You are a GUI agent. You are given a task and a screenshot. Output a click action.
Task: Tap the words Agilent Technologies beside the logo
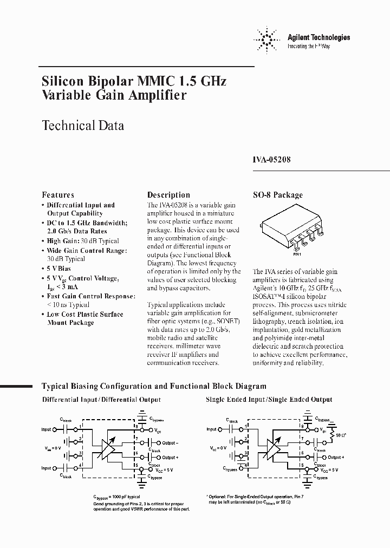pyautogui.click(x=318, y=37)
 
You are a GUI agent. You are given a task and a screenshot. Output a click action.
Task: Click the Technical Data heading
pyautogui.click(x=83, y=126)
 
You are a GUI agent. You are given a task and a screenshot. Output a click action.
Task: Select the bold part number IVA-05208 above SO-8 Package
pyautogui.click(x=272, y=160)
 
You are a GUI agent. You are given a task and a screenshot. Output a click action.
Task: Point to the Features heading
pyautogui.click(x=58, y=195)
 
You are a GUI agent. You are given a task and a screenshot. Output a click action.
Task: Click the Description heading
pyautogui.click(x=168, y=195)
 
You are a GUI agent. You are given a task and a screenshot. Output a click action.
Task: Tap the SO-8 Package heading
pyautogui.click(x=278, y=195)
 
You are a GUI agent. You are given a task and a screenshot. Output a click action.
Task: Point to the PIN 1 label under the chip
pyautogui.click(x=297, y=253)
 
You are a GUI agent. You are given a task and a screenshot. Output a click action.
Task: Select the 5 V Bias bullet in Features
pyautogui.click(x=58, y=269)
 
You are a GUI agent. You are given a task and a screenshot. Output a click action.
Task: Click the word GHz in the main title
pyautogui.click(x=210, y=81)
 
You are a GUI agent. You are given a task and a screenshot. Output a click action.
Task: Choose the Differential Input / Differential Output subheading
pyautogui.click(x=101, y=400)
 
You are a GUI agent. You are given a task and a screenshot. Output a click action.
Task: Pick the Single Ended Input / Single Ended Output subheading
pyautogui.click(x=269, y=400)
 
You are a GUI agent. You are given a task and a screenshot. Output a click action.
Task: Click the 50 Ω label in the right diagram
pyautogui.click(x=341, y=436)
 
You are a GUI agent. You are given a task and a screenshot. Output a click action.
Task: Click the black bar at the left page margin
pyautogui.click(x=16, y=386)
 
